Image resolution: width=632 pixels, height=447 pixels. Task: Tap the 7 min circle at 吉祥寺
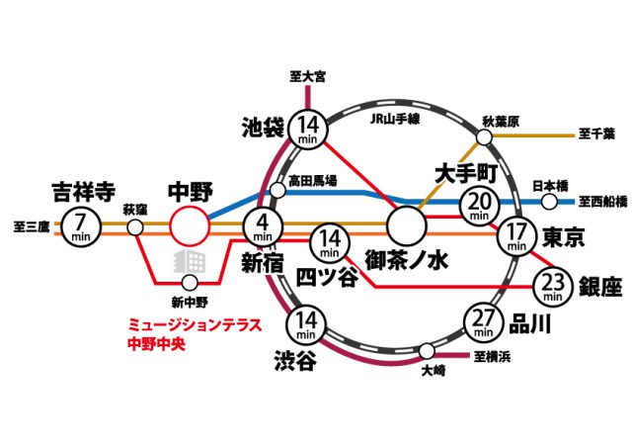pos(81,227)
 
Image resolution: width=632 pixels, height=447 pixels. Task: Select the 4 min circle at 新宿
pos(264,227)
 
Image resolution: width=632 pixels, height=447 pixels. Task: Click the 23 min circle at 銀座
pos(553,288)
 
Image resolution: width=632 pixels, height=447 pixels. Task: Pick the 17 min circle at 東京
pos(516,236)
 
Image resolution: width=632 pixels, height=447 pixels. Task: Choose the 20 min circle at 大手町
pos(480,207)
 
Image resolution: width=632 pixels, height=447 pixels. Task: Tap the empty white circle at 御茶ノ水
pos(406,226)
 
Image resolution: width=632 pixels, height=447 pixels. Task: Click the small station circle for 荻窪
pos(135,227)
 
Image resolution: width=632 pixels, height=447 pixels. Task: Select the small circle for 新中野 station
pos(190,283)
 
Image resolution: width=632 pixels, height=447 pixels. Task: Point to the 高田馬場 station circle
pos(277,190)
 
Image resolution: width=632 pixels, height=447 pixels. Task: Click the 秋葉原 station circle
pos(485,137)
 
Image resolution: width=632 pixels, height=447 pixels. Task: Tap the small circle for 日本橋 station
pos(549,202)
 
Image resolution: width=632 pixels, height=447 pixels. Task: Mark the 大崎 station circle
pos(427,351)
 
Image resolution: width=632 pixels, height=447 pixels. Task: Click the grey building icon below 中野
pos(190,261)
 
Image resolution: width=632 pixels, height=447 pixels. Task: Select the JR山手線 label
pos(395,119)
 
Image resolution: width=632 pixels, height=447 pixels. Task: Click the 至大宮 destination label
pos(307,76)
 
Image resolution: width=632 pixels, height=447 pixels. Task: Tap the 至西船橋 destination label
pos(603,202)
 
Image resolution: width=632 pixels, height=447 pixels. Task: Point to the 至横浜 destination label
pos(492,357)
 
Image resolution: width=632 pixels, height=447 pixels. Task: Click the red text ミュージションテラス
pos(195,325)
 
